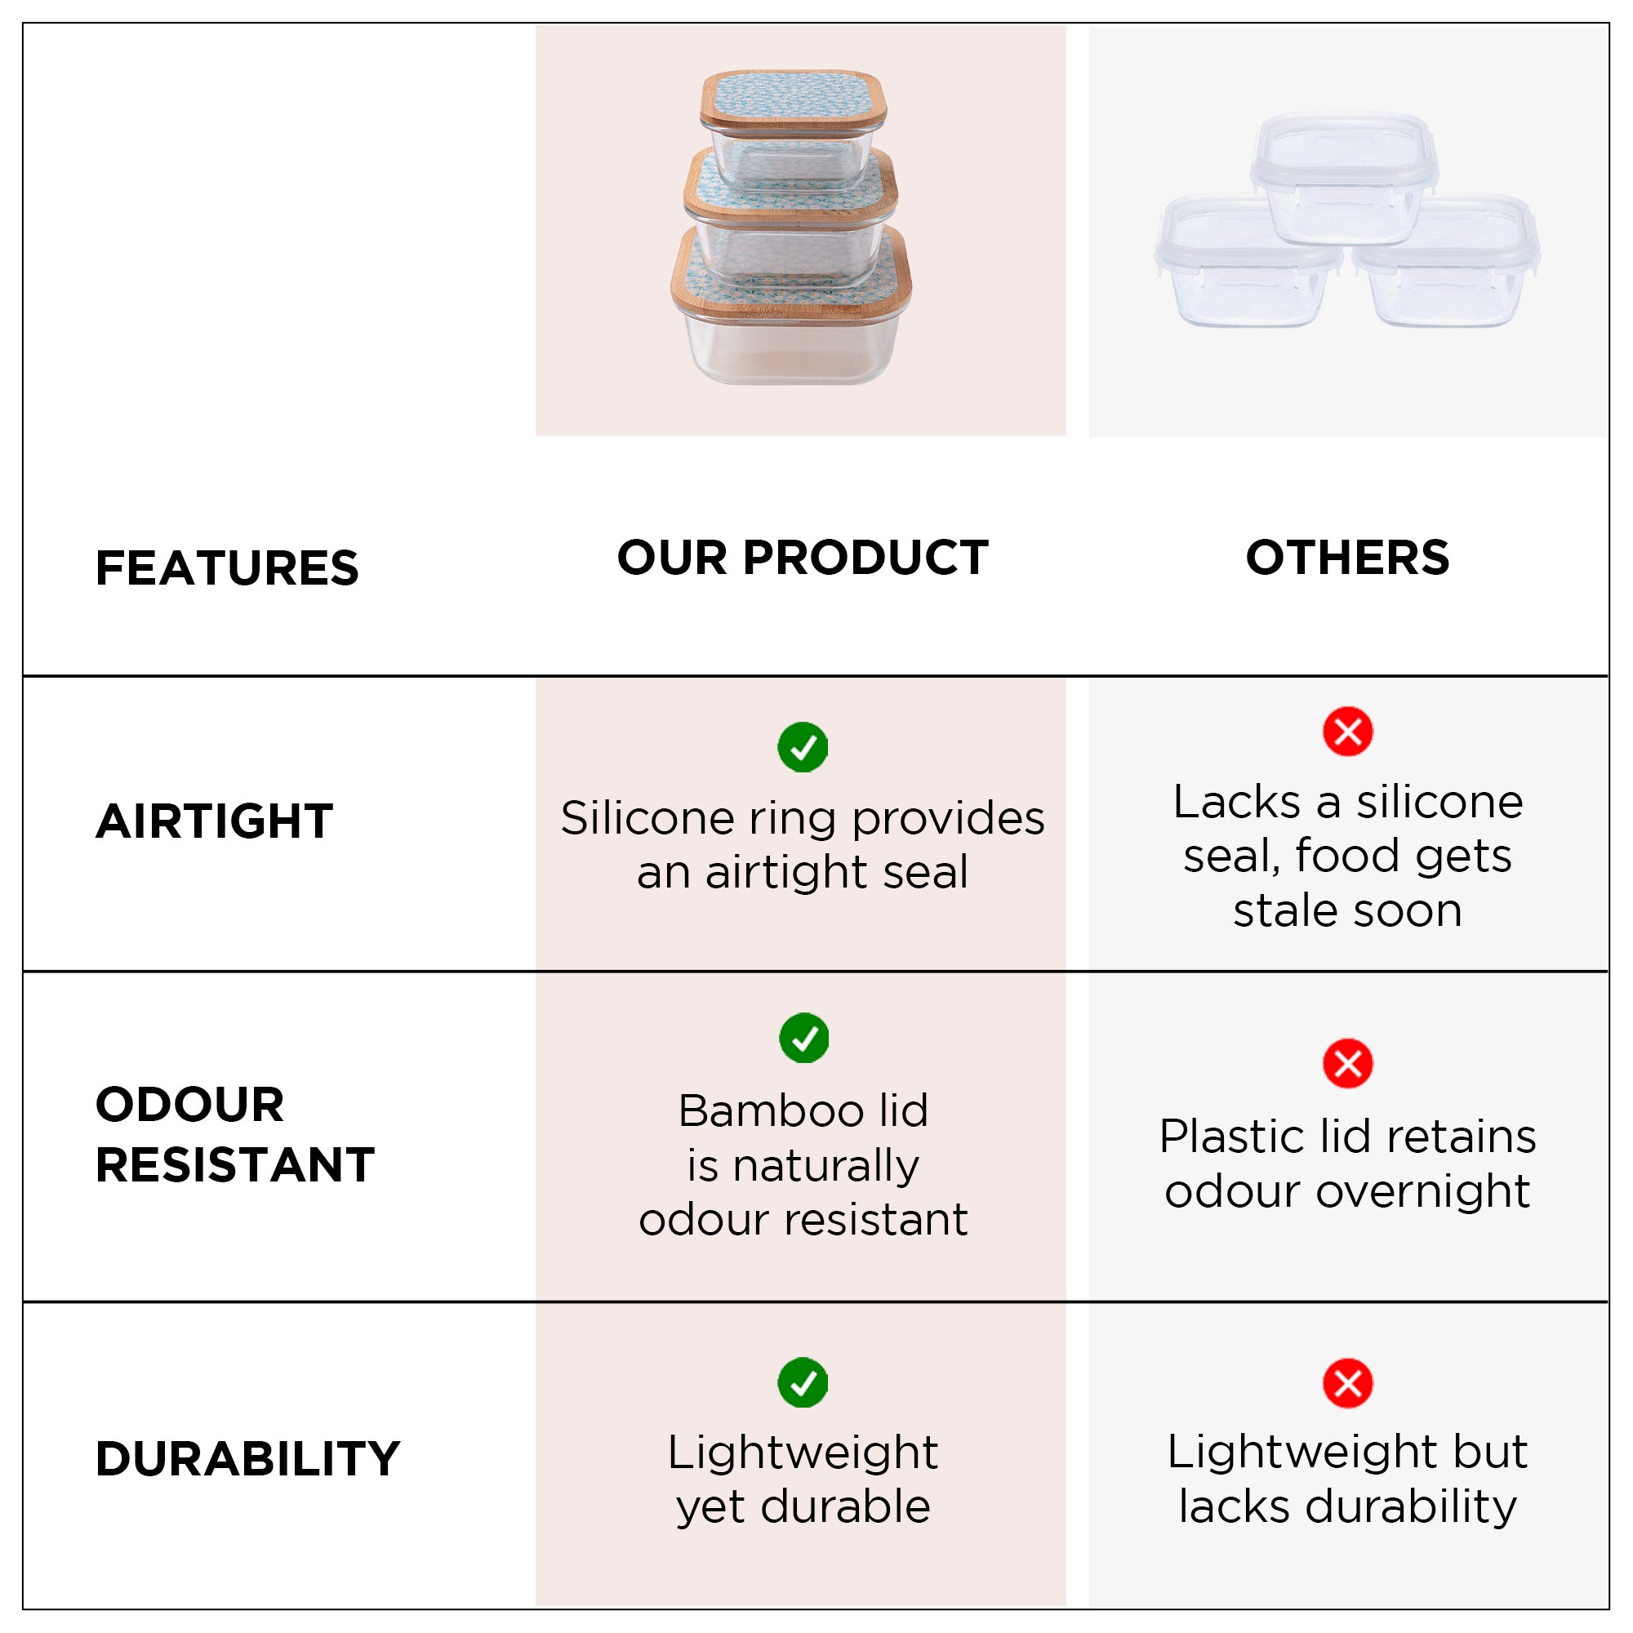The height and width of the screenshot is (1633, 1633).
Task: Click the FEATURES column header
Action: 226,567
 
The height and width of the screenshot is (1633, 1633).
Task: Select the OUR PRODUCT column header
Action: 802,557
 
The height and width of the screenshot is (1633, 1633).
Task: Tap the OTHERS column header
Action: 1347,557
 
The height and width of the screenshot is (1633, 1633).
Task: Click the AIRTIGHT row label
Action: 215,821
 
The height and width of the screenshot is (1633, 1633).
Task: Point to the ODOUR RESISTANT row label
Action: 235,1134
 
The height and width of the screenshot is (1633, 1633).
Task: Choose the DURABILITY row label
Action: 247,1459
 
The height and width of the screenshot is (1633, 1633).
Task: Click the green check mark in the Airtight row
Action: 802,747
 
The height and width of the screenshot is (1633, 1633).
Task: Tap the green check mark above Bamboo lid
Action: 803,1037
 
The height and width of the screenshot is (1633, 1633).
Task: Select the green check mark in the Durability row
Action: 802,1383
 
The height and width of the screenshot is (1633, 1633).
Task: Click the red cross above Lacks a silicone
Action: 1347,731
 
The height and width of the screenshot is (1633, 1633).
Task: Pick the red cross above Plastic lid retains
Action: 1347,1063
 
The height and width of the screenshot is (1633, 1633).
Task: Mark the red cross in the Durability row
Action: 1347,1384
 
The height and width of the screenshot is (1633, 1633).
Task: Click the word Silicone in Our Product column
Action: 647,818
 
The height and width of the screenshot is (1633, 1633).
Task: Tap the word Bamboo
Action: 770,1110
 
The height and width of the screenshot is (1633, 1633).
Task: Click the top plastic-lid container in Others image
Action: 1344,177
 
